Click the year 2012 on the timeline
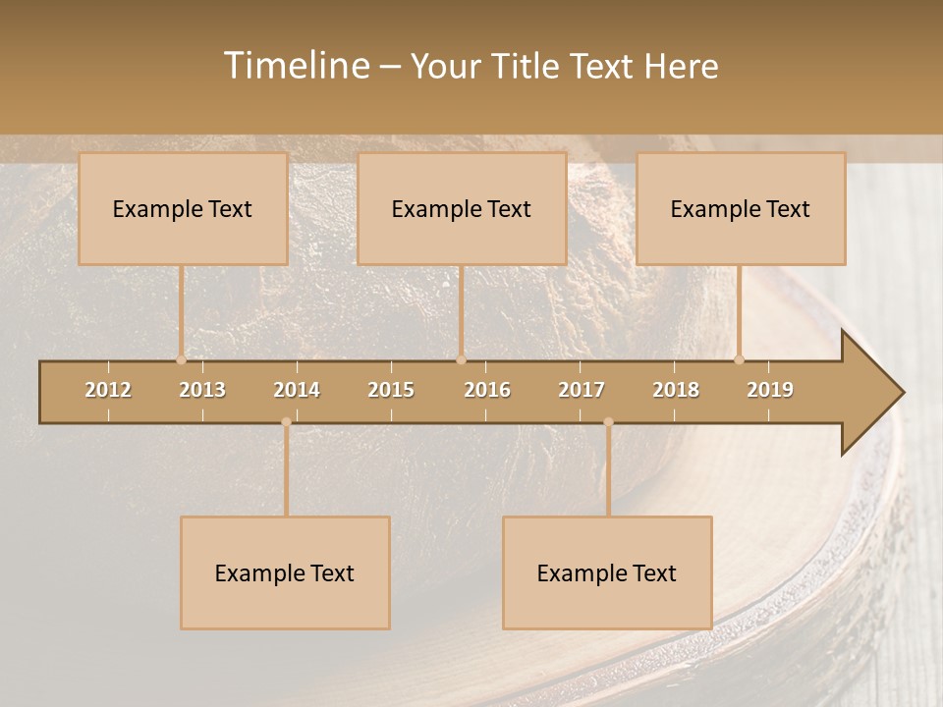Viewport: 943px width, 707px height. coord(108,390)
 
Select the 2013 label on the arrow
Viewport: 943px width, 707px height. coord(202,390)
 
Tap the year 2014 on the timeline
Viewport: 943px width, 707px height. coord(297,390)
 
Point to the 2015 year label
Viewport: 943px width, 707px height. coord(391,390)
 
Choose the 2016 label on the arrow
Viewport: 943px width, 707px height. coord(487,390)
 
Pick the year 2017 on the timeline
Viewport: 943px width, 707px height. coord(582,390)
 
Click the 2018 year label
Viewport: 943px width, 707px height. coord(676,390)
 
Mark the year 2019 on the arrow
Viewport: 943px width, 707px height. coord(770,390)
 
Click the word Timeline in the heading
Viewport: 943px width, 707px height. coord(296,66)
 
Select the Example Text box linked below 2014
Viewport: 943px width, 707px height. coord(285,572)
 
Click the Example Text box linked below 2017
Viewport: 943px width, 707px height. coord(607,572)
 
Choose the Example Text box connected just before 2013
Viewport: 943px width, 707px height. coord(183,208)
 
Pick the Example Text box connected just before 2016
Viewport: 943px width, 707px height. coord(462,208)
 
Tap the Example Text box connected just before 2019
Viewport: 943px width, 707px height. coord(741,208)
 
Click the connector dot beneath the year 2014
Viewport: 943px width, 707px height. coord(286,422)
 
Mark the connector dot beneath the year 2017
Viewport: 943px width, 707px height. coord(608,422)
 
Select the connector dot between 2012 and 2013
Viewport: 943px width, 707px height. coord(181,360)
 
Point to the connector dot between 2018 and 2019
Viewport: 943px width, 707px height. coord(739,360)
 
